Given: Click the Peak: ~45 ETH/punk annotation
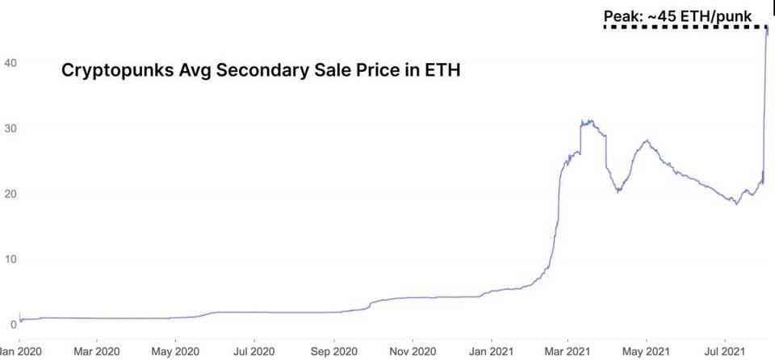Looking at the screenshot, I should pos(677,15).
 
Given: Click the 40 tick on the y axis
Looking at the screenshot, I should pos(9,62).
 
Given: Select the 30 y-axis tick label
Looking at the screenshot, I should pos(9,128).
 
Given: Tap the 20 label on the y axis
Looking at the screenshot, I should pos(9,193).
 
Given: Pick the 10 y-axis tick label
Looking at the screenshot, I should pos(9,258).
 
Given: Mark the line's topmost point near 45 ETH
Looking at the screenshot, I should pos(767,28).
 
